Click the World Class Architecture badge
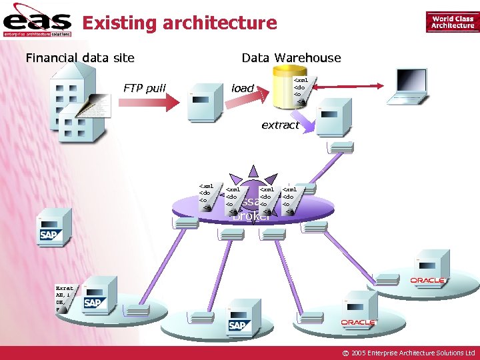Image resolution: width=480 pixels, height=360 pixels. pos(453,23)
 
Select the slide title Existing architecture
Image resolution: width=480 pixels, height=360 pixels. pos(179,24)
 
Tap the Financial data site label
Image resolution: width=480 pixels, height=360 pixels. pos(80,58)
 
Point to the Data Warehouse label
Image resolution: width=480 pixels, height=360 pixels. pos(291,58)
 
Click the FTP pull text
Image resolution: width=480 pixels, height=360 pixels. pos(145,88)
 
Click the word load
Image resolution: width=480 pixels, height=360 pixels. pos(243,88)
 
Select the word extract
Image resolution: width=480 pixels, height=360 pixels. pos(280,125)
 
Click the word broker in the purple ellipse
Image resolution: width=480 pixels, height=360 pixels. pos(251,215)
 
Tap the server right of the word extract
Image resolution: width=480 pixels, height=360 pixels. pos(334,117)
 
